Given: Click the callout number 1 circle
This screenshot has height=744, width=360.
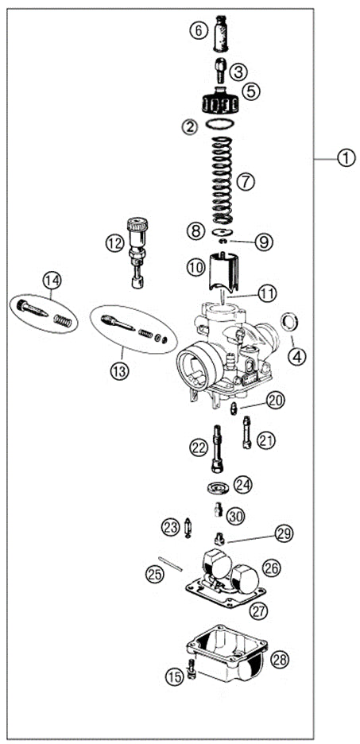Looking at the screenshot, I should click(345, 158).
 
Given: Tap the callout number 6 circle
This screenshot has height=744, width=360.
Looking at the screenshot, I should click(197, 31).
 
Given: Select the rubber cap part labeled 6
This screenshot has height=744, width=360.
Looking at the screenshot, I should click(221, 33).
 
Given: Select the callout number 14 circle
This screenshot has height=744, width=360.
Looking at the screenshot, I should click(52, 280).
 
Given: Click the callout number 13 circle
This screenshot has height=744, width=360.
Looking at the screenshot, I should click(119, 370).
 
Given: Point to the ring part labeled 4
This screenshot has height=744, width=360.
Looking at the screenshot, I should click(292, 323).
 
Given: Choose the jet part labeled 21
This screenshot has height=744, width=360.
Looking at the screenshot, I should click(246, 433).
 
